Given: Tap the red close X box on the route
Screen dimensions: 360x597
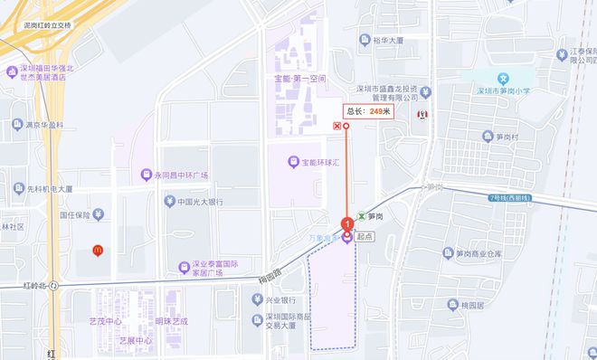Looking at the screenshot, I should pos(337,127).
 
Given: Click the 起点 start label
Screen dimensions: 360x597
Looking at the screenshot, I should pos(365,237).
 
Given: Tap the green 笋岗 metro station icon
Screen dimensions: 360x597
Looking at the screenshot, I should pos(362,217).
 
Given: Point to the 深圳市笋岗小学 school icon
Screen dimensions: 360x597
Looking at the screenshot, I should pos(507,80).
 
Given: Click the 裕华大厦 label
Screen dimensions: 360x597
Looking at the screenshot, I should pos(390,40).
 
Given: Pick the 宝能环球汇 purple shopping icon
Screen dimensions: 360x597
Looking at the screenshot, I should pos(292,163).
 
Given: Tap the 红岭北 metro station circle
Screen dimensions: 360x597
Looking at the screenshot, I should pos(54,285).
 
